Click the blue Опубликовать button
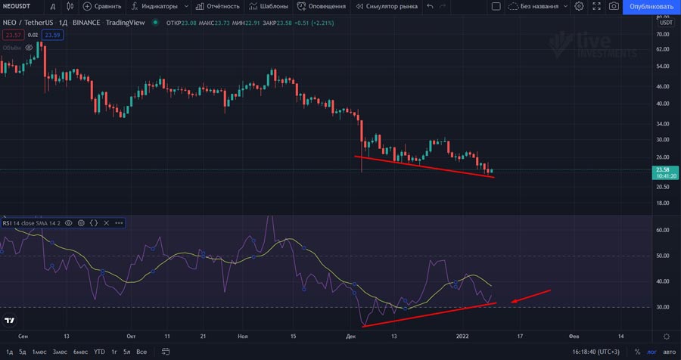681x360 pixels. point(651,6)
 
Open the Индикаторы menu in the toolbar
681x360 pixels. point(159,6)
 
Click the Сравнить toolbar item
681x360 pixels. point(102,6)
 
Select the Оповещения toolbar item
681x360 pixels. point(322,6)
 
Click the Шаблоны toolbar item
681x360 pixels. point(269,6)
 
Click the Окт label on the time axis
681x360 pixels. point(131,335)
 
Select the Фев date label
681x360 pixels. point(574,335)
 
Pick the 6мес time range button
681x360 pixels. point(80,352)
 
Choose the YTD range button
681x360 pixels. point(99,352)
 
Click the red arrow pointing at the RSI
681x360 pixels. point(530,296)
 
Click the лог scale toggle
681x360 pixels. point(651,352)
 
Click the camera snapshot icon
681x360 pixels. point(614,6)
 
